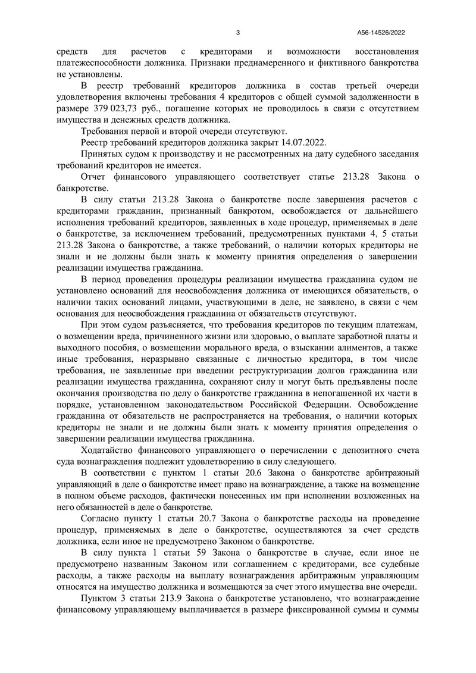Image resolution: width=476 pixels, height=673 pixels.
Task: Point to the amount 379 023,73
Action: (133, 109)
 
